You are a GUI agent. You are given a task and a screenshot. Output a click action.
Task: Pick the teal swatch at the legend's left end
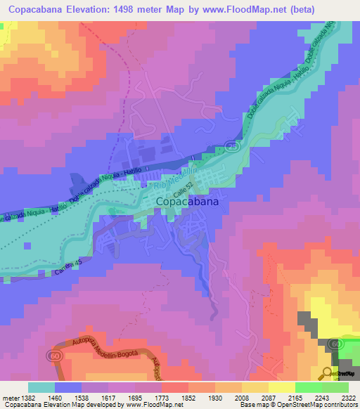coord(41,387)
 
